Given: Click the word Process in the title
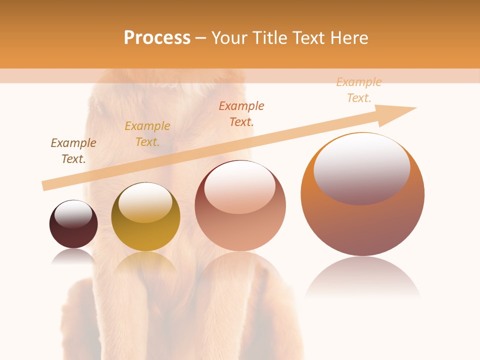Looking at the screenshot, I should pyautogui.click(x=157, y=38).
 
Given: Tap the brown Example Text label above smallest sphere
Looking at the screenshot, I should pyautogui.click(x=73, y=151).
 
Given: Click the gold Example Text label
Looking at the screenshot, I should pyautogui.click(x=147, y=134).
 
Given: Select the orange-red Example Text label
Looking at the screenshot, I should pyautogui.click(x=241, y=113).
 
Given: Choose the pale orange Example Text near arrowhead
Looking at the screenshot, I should pyautogui.click(x=359, y=90).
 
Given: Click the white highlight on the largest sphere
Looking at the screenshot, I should pyautogui.click(x=362, y=167).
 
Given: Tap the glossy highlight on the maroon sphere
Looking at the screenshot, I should pyautogui.click(x=73, y=214).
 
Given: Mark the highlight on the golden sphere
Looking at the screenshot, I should pyautogui.click(x=145, y=202).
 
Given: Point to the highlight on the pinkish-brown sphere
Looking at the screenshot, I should pyautogui.click(x=240, y=187).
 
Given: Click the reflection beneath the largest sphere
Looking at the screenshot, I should pyautogui.click(x=362, y=277).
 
